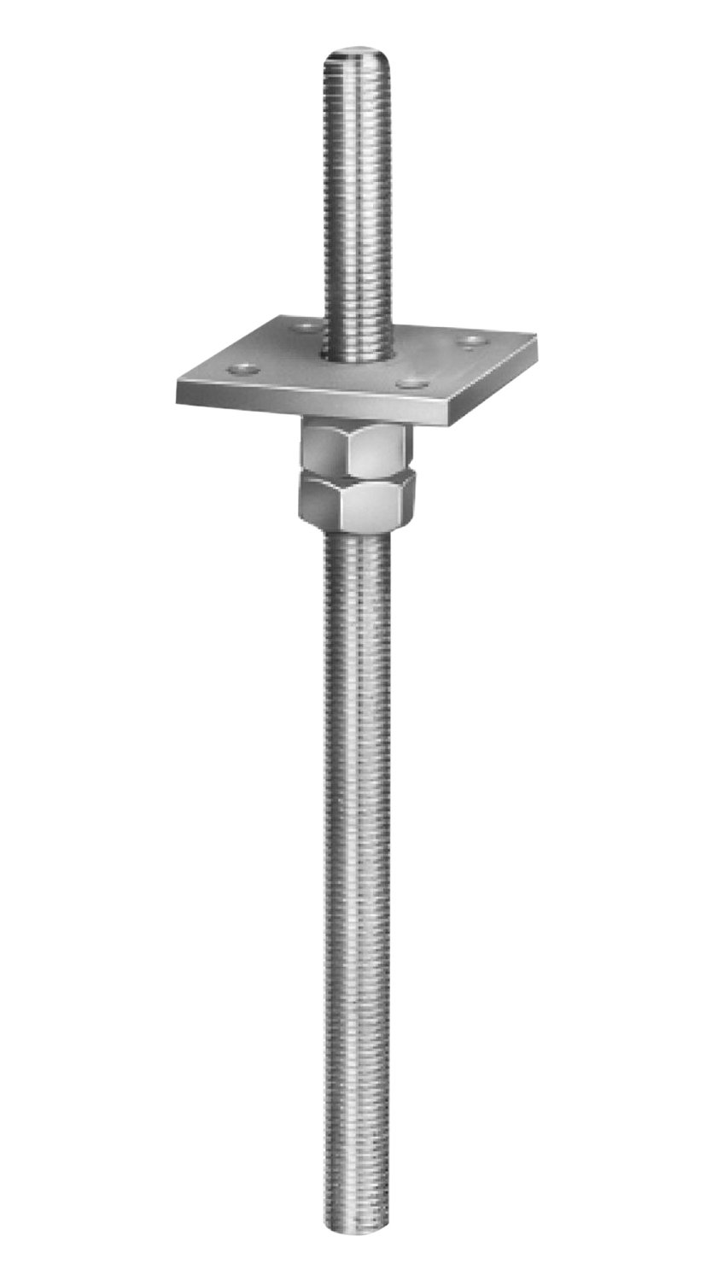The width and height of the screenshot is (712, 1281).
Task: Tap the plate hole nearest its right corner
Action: click(469, 342)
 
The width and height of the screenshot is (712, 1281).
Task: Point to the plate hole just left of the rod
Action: click(303, 326)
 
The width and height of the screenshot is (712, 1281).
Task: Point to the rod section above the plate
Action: click(357, 196)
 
